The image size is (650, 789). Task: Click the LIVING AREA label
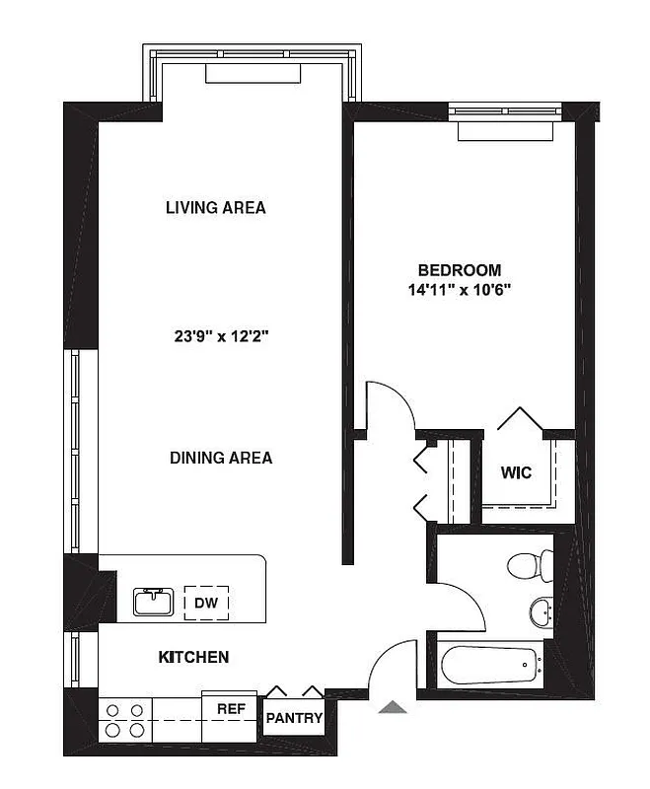(x=215, y=208)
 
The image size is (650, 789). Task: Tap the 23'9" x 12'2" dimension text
(x=221, y=336)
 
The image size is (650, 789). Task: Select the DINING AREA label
(x=221, y=458)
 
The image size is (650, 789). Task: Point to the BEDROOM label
(x=459, y=270)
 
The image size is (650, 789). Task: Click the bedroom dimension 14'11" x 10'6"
(x=459, y=290)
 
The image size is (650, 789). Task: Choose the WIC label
(x=516, y=473)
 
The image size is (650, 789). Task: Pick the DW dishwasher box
(x=206, y=603)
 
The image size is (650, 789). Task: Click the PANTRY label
(x=294, y=719)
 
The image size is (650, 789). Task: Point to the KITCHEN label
(x=194, y=657)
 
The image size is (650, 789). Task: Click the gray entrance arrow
(x=393, y=706)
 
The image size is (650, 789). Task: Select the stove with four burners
(x=124, y=720)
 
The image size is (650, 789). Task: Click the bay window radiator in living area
(x=252, y=74)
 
